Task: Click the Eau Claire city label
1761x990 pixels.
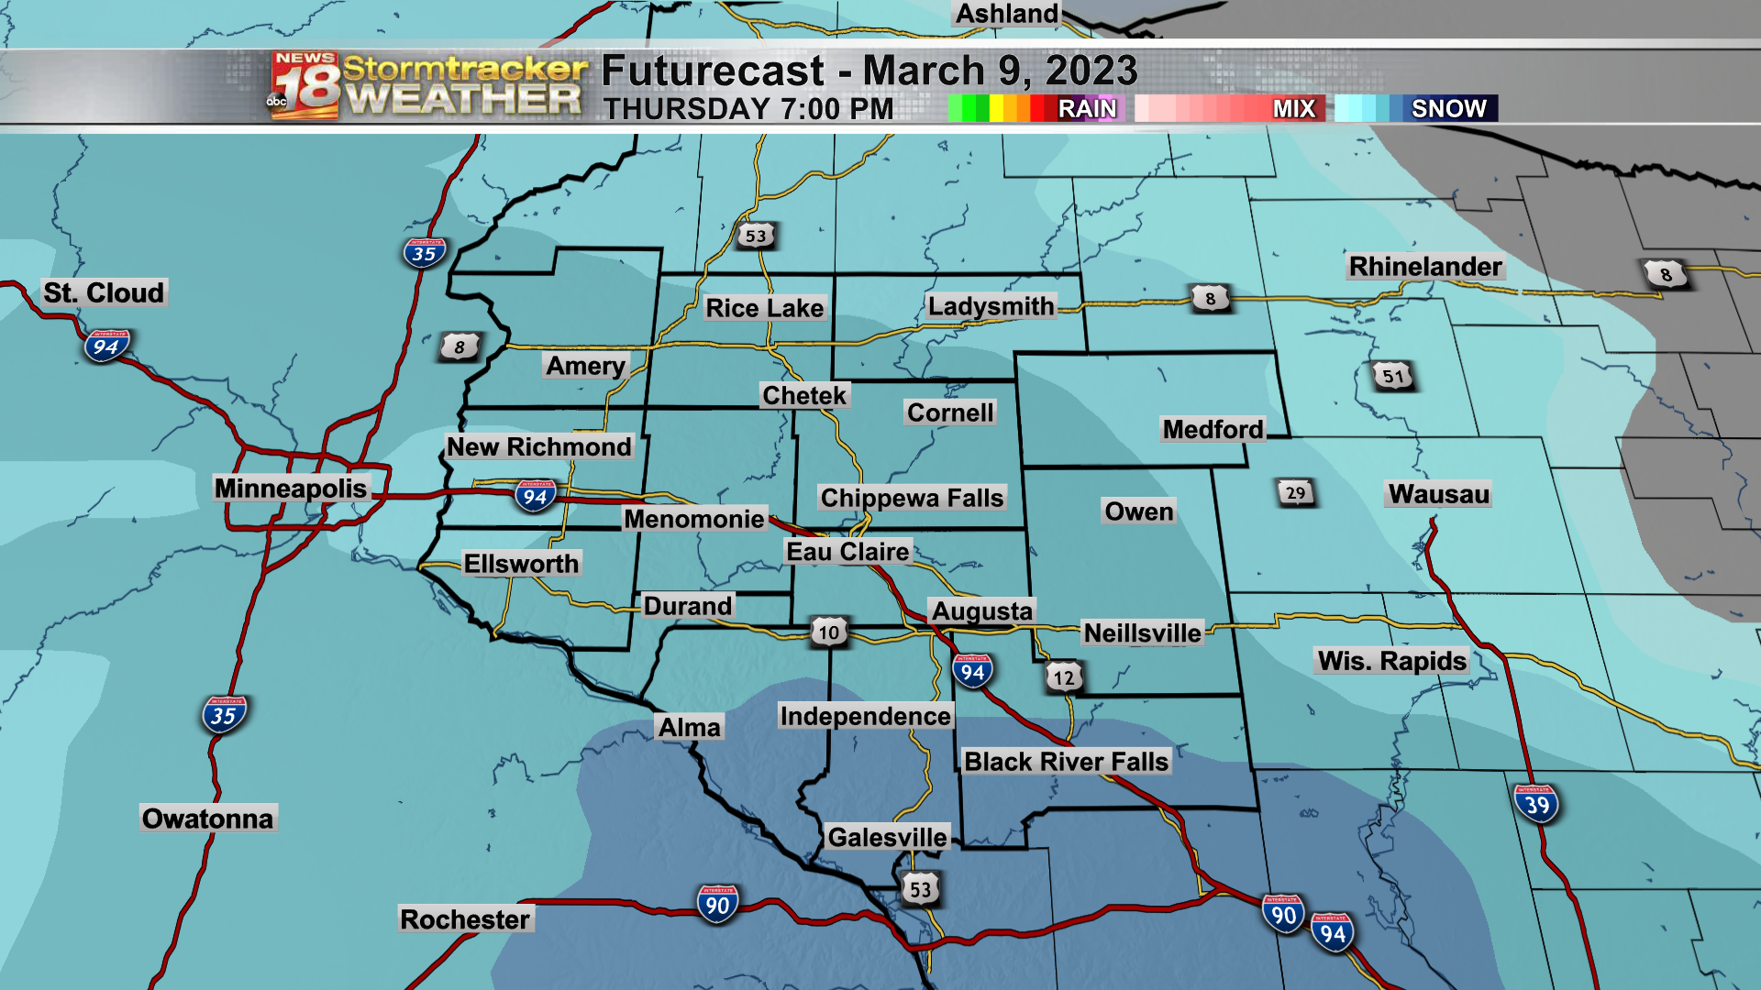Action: point(847,552)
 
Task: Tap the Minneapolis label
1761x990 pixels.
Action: point(291,489)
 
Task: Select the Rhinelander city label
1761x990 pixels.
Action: point(1425,267)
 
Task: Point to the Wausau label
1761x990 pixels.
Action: point(1438,495)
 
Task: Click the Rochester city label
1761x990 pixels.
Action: point(465,919)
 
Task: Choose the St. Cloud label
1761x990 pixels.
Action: point(104,293)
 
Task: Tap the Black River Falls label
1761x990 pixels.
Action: point(1066,762)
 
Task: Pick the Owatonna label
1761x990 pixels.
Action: point(207,819)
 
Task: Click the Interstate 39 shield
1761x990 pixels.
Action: point(1536,805)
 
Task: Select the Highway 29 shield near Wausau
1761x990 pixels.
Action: point(1295,493)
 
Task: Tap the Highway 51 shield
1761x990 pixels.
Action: point(1393,376)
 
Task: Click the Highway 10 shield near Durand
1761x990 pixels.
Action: point(828,632)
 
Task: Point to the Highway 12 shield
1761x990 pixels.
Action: point(1063,678)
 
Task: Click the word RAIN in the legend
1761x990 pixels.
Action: point(1087,109)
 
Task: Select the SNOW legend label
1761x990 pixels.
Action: point(1448,109)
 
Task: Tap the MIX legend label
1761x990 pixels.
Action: point(1293,109)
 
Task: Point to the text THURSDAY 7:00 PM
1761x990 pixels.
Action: point(748,109)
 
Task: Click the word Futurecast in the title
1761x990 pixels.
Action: point(713,71)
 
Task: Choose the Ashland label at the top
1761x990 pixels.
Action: point(1007,14)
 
